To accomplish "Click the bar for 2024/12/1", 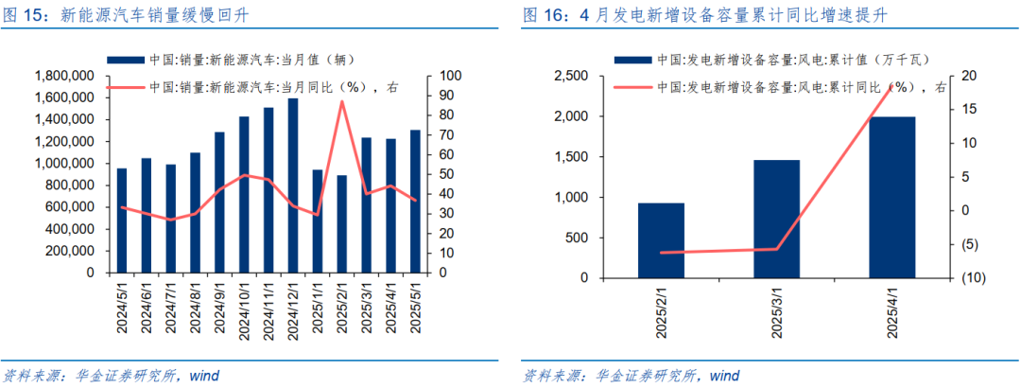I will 292,185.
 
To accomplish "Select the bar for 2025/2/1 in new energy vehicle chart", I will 341,224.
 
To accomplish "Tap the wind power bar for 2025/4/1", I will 892,198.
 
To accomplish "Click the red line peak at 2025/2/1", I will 341,101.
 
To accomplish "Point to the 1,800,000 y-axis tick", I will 63,76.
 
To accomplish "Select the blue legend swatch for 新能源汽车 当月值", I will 126,60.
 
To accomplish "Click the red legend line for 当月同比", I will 126,88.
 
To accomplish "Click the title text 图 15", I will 26,15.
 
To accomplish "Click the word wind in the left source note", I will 204,376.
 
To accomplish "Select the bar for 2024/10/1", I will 244,194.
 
